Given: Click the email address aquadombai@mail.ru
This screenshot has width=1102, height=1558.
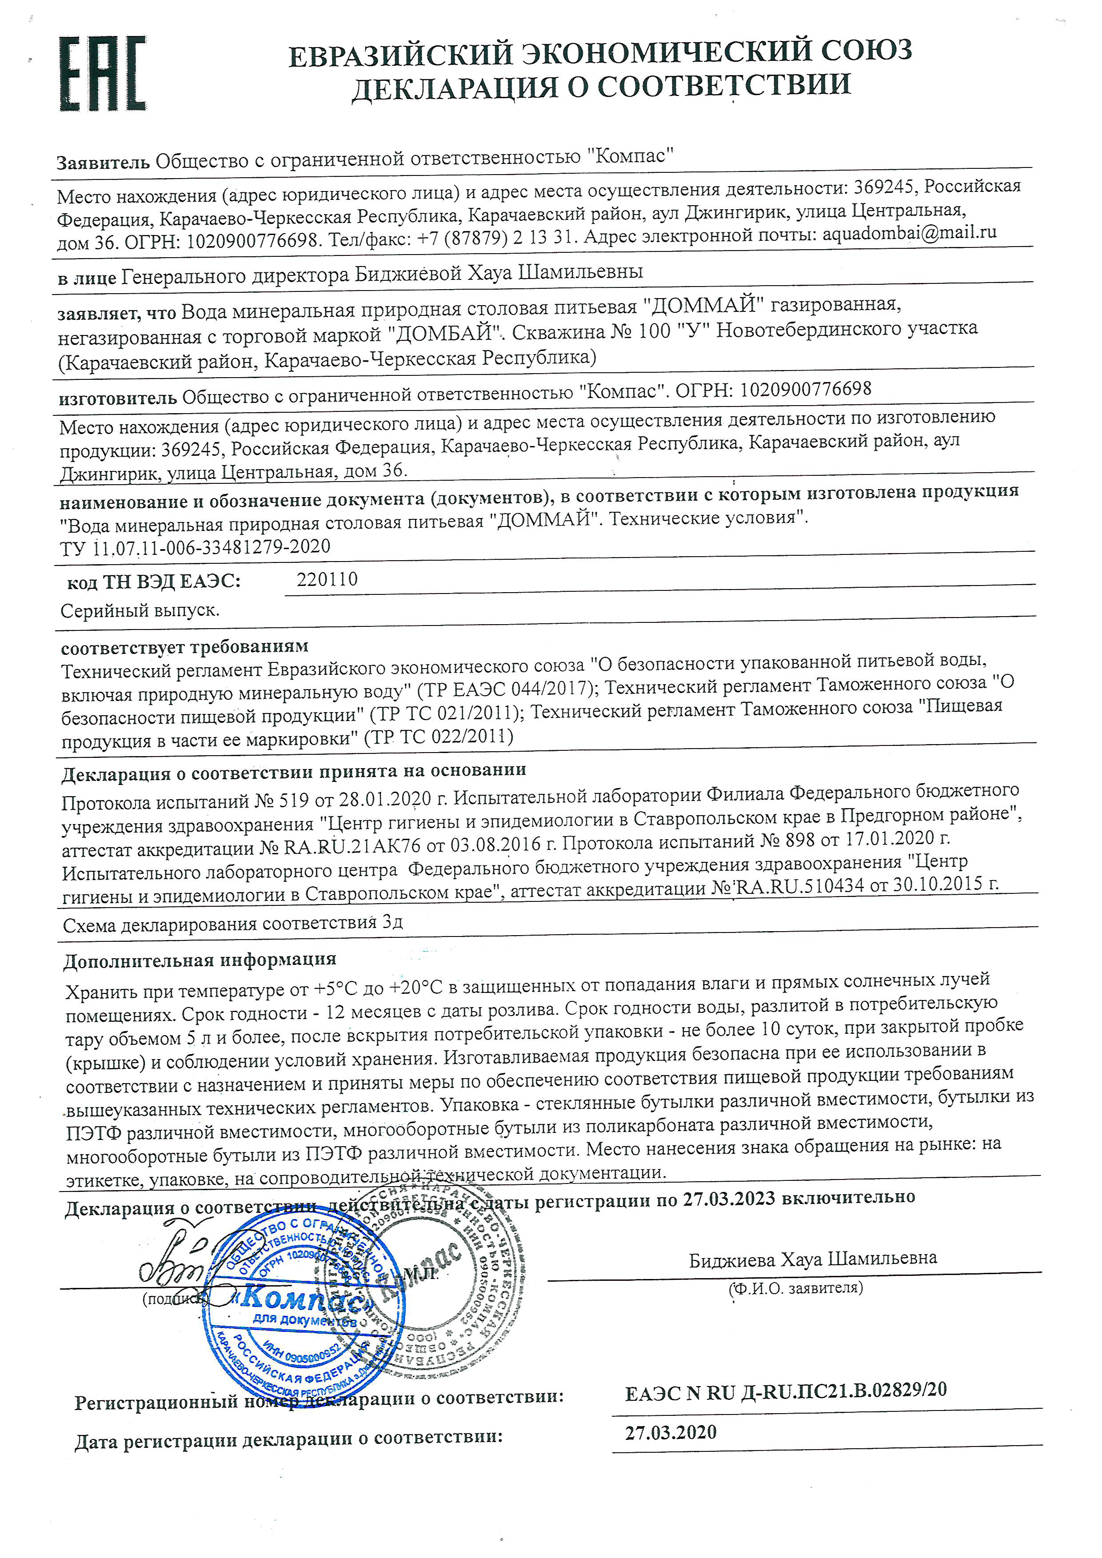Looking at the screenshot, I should tap(909, 233).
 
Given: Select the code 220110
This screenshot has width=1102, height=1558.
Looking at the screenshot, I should tap(327, 579).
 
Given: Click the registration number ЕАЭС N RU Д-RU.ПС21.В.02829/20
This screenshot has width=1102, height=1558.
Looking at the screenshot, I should tap(786, 1391).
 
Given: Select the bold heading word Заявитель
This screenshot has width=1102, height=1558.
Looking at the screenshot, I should tap(103, 163).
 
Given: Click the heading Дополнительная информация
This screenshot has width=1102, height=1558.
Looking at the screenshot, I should tap(200, 960).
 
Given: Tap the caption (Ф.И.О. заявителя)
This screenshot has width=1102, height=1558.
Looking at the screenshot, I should tap(795, 1287).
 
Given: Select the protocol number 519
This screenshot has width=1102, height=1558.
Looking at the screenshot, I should tap(293, 802).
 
